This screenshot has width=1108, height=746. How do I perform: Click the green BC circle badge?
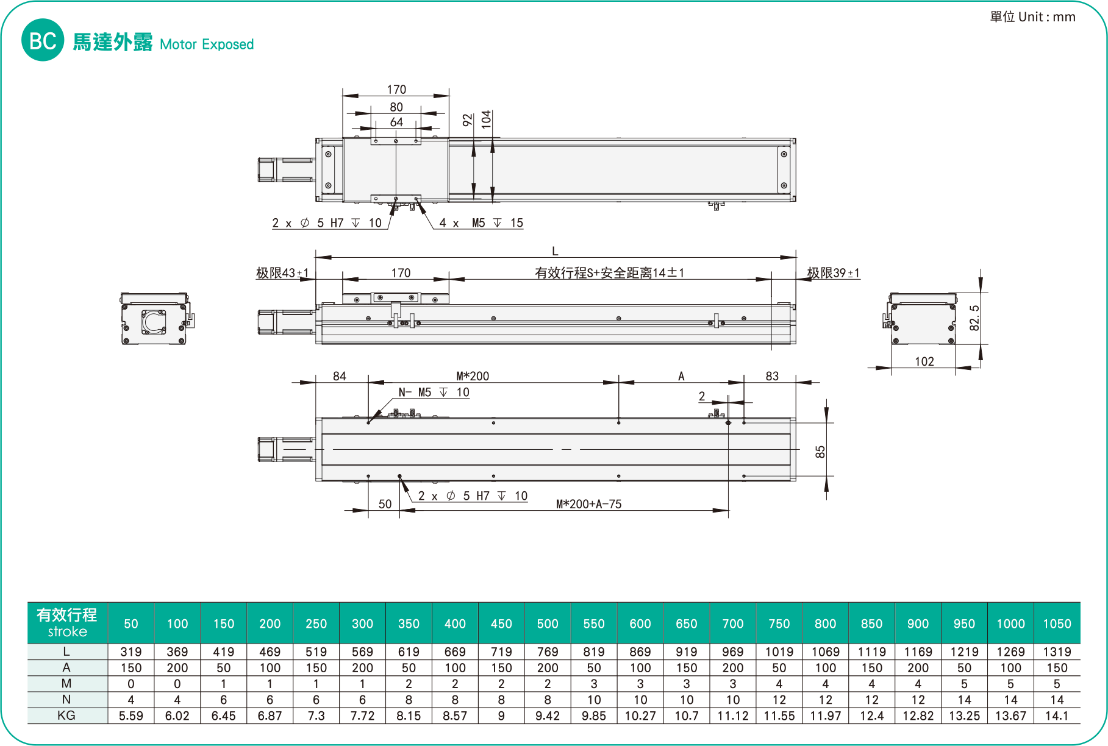pos(43,40)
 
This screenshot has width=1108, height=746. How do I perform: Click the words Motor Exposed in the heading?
pos(207,44)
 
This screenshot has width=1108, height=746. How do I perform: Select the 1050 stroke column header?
pos(1057,623)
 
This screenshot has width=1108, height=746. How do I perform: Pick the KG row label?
pos(66,716)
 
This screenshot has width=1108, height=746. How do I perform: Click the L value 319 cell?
pos(131,652)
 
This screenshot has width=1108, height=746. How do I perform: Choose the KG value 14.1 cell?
pos(1057,716)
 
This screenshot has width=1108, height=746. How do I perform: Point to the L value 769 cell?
pos(548,652)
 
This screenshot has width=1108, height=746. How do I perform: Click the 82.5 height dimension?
pos(974,318)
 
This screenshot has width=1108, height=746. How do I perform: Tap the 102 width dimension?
pos(924,361)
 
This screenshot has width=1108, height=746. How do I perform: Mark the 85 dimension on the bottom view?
pos(820,452)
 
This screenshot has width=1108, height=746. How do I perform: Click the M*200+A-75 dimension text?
pos(588,504)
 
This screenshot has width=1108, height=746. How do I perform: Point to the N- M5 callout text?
pos(434,393)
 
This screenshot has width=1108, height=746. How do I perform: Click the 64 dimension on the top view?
pos(396,122)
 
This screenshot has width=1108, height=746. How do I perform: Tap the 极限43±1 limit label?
pos(282,273)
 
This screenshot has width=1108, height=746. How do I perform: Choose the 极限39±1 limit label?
pos(833,273)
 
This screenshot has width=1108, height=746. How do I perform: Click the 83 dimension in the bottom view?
pos(772,376)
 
